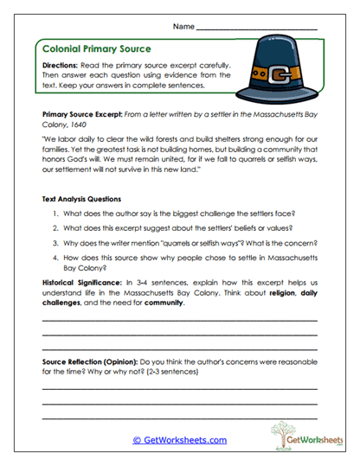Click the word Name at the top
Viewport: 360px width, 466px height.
[183, 27]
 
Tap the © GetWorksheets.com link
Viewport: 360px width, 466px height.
[180, 440]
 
